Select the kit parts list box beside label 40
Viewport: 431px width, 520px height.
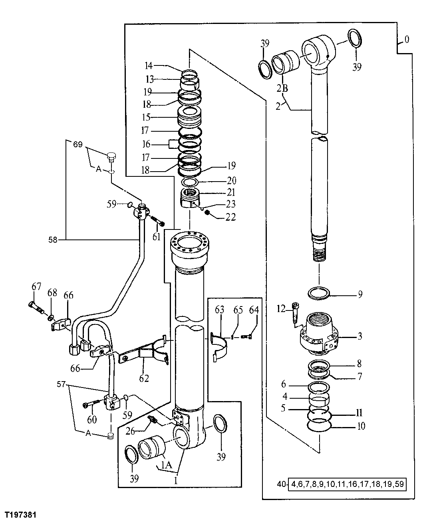click(x=347, y=485)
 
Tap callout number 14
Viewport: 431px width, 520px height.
click(x=149, y=65)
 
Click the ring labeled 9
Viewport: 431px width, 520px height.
click(x=319, y=294)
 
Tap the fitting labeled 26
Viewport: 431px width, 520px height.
click(x=153, y=420)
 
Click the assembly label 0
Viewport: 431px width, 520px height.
click(x=406, y=40)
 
